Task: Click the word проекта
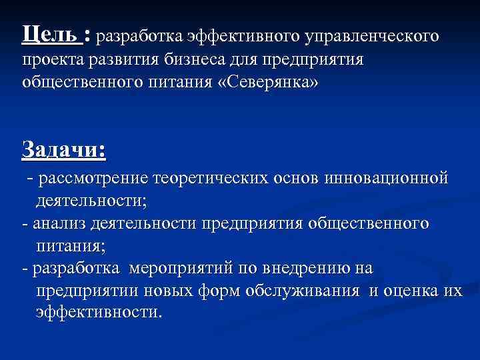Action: point(53,61)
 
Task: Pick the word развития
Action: point(123,61)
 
